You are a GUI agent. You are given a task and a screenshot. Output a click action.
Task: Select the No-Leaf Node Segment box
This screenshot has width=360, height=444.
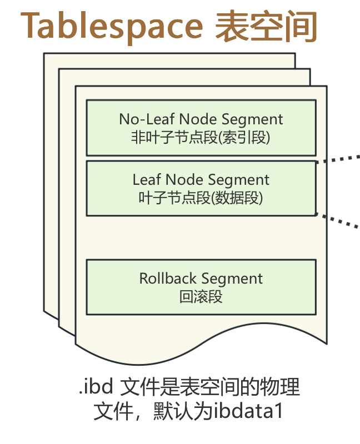pyautogui.click(x=201, y=128)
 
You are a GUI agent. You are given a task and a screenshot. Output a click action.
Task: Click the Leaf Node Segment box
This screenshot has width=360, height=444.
pyautogui.click(x=201, y=188)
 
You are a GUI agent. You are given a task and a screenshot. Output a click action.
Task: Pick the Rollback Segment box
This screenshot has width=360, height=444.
pyautogui.click(x=201, y=286)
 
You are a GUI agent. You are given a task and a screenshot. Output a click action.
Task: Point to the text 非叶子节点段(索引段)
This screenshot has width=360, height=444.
pyautogui.click(x=201, y=137)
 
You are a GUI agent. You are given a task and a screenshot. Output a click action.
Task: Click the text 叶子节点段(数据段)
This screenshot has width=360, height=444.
pyautogui.click(x=201, y=198)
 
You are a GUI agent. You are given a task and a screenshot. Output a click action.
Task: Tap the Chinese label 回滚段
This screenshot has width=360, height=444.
pyautogui.click(x=201, y=296)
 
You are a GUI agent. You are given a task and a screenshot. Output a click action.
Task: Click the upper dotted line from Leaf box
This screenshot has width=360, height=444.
pyautogui.click(x=339, y=159)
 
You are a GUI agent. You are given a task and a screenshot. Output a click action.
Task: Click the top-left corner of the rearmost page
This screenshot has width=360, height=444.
pyautogui.click(x=45, y=54)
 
